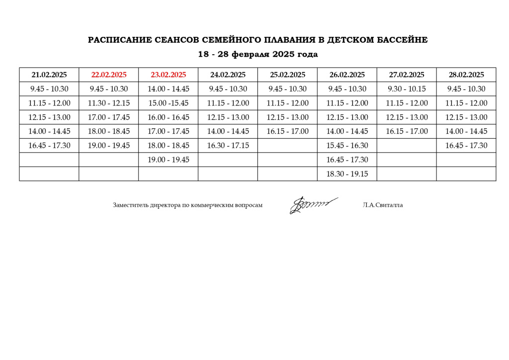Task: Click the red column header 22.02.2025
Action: point(109,75)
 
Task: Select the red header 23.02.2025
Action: point(169,75)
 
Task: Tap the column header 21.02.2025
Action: point(49,75)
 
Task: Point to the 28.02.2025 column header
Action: point(466,75)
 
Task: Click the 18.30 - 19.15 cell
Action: point(347,174)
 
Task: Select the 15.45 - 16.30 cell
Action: point(347,146)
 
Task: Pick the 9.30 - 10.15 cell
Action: point(407,89)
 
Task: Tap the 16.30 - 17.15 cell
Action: point(228,146)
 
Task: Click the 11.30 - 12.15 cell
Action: point(109,103)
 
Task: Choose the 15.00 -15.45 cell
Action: point(169,103)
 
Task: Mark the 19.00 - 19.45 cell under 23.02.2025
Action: point(169,160)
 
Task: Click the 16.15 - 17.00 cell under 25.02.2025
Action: point(287,132)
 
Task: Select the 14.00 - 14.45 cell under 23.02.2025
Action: point(169,89)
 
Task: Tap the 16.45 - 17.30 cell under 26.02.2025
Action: point(347,160)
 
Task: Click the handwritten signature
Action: point(312,205)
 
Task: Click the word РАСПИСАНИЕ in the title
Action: point(118,40)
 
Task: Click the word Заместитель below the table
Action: point(131,205)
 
